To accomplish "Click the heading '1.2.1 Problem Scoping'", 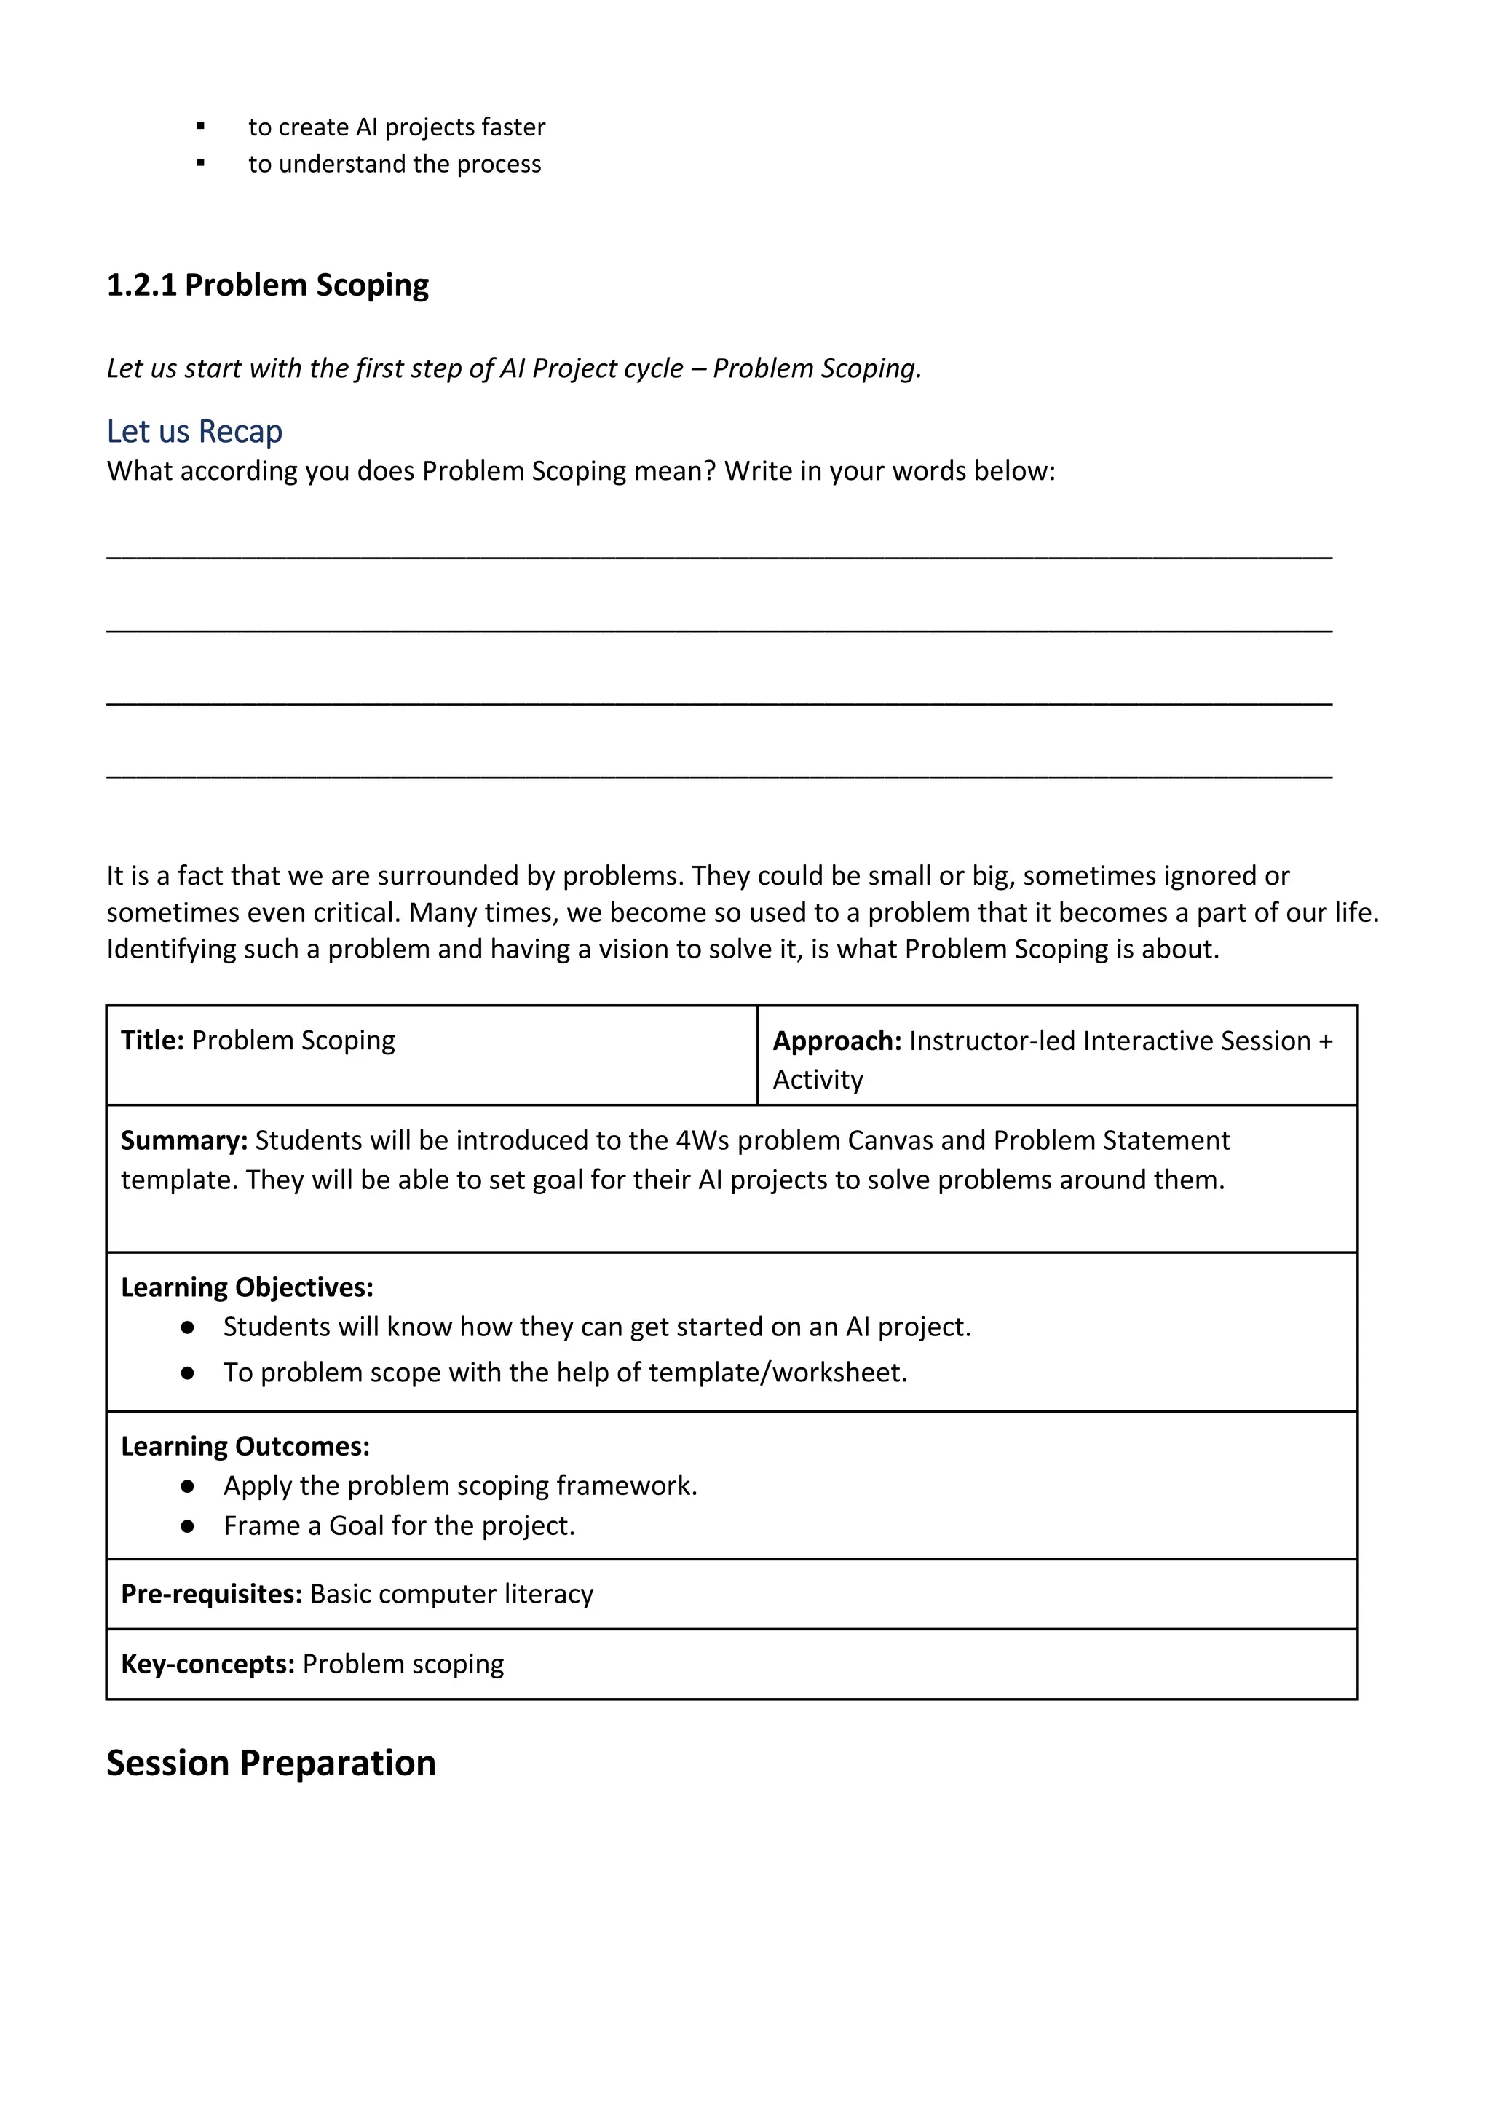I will pos(267,285).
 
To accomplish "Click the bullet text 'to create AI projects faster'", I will pos(397,127).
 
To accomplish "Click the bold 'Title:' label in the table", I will pos(152,1041).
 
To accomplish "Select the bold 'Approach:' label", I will pos(837,1041).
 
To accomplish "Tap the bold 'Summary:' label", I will pos(183,1140).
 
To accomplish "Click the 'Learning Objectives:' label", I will pos(247,1287).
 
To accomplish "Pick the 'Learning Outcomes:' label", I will pos(245,1446).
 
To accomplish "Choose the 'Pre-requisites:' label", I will pos(211,1594).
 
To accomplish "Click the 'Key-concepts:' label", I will pos(207,1664).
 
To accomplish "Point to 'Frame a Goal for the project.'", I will pos(400,1526).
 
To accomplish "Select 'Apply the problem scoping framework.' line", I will pos(460,1485).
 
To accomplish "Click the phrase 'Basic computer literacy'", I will pos(451,1594).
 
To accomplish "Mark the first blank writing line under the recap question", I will pos(719,556).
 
